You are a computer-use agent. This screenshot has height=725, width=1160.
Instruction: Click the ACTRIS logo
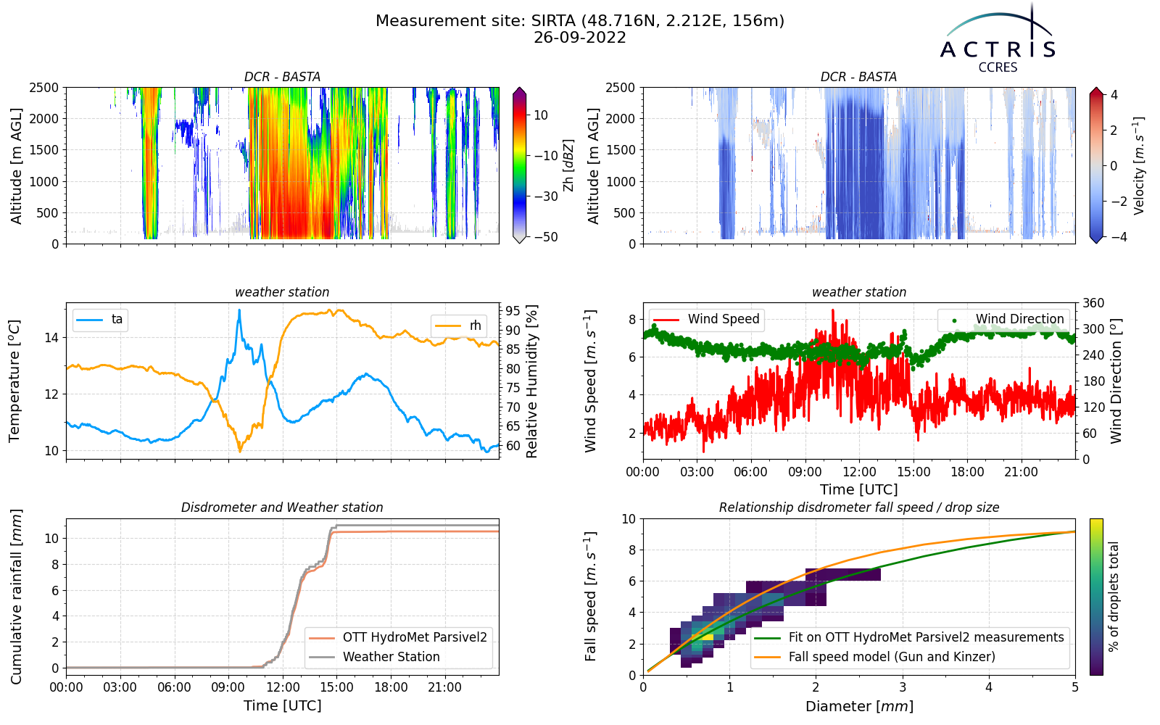point(998,39)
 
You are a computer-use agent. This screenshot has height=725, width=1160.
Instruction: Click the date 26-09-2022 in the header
point(579,38)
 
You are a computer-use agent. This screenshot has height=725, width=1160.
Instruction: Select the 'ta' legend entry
point(100,320)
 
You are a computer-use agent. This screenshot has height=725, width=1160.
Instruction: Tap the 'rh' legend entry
point(457,326)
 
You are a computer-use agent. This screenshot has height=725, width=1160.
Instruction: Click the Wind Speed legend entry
point(706,319)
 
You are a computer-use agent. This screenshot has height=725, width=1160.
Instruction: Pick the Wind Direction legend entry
point(1003,319)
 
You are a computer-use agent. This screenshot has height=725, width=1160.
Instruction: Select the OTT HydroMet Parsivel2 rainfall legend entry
point(398,637)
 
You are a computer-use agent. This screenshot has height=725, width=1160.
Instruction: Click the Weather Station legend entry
point(374,657)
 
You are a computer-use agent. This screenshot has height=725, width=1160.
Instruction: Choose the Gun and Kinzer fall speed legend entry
point(874,657)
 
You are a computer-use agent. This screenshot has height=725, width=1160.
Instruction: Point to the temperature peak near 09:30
point(239,310)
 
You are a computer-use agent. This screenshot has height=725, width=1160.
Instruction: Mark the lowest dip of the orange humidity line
point(239,452)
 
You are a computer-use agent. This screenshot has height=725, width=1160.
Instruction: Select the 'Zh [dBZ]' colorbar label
point(568,165)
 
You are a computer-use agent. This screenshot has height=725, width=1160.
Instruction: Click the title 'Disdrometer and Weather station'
point(282,507)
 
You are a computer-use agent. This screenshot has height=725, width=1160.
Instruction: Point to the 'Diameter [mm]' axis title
point(859,706)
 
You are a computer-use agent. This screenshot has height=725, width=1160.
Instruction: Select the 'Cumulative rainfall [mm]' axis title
point(16,597)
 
